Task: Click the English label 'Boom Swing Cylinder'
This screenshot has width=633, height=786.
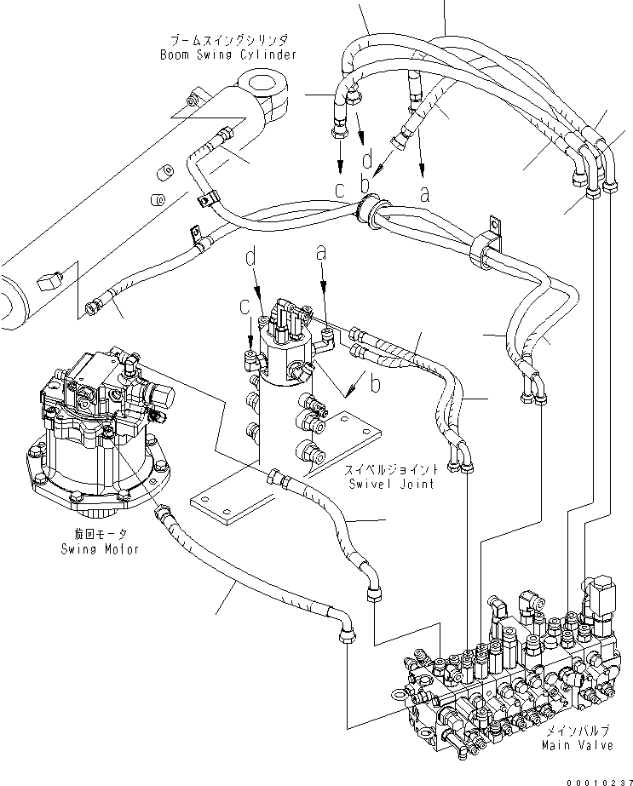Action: [228, 55]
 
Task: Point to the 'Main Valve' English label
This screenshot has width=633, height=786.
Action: [577, 746]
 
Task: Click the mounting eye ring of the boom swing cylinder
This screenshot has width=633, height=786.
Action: [262, 88]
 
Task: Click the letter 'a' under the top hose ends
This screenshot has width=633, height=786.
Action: [423, 193]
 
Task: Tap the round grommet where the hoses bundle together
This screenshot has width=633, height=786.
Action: [371, 211]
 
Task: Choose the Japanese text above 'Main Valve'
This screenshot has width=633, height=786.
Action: [577, 731]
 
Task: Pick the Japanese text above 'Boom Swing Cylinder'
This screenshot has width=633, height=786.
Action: [228, 40]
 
